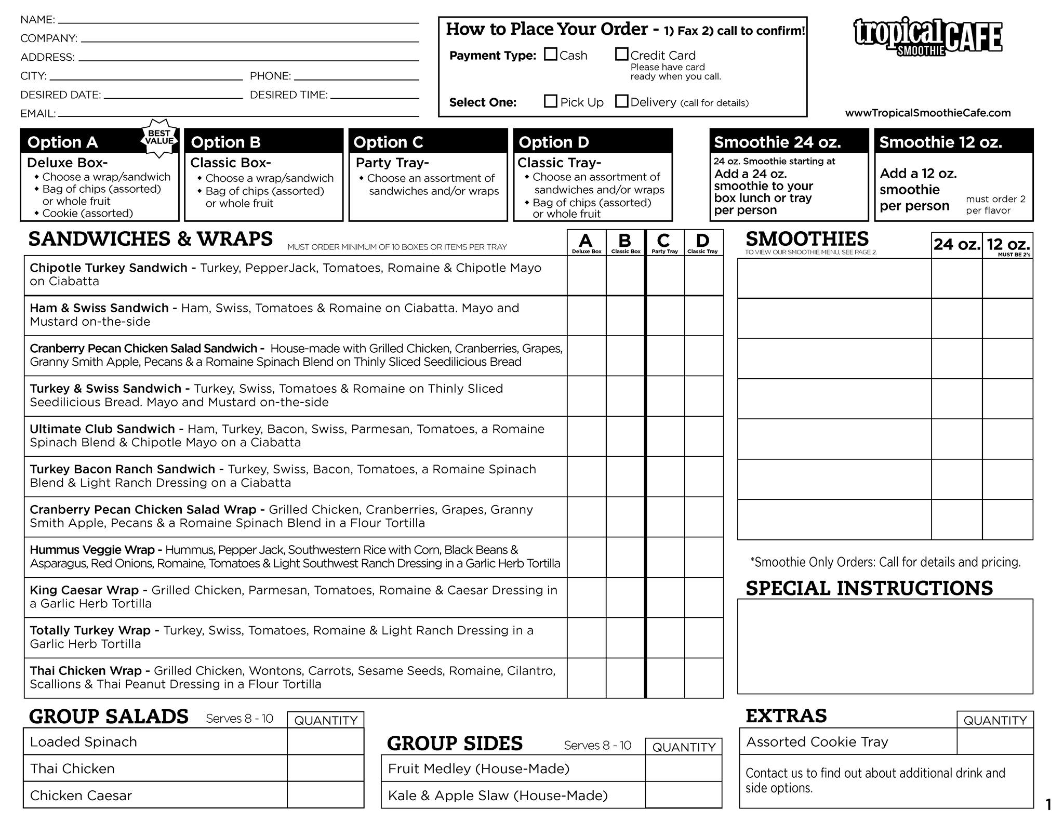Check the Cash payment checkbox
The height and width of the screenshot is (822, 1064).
coord(550,54)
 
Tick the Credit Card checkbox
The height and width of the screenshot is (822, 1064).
coord(621,54)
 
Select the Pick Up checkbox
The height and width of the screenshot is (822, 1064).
coord(550,101)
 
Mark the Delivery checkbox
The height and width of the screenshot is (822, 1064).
coord(621,101)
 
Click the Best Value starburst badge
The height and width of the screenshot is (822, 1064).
coord(159,138)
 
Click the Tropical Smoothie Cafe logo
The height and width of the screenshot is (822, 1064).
coord(928,36)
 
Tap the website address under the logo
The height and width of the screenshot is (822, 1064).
coord(928,113)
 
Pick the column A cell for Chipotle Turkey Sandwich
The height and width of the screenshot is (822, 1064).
coord(587,275)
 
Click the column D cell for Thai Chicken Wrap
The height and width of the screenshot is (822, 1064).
coord(703,678)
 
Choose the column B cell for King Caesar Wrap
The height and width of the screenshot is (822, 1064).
coord(626,597)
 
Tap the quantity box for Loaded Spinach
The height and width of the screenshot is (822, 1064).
coord(325,741)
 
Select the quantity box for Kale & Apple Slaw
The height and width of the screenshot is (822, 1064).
coord(683,795)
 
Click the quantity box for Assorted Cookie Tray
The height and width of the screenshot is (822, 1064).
coord(994,741)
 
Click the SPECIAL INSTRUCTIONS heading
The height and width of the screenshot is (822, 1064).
coord(869,588)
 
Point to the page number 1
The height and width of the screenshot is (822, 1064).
coord(1048,805)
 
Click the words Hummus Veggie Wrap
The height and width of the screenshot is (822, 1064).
coord(92,550)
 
